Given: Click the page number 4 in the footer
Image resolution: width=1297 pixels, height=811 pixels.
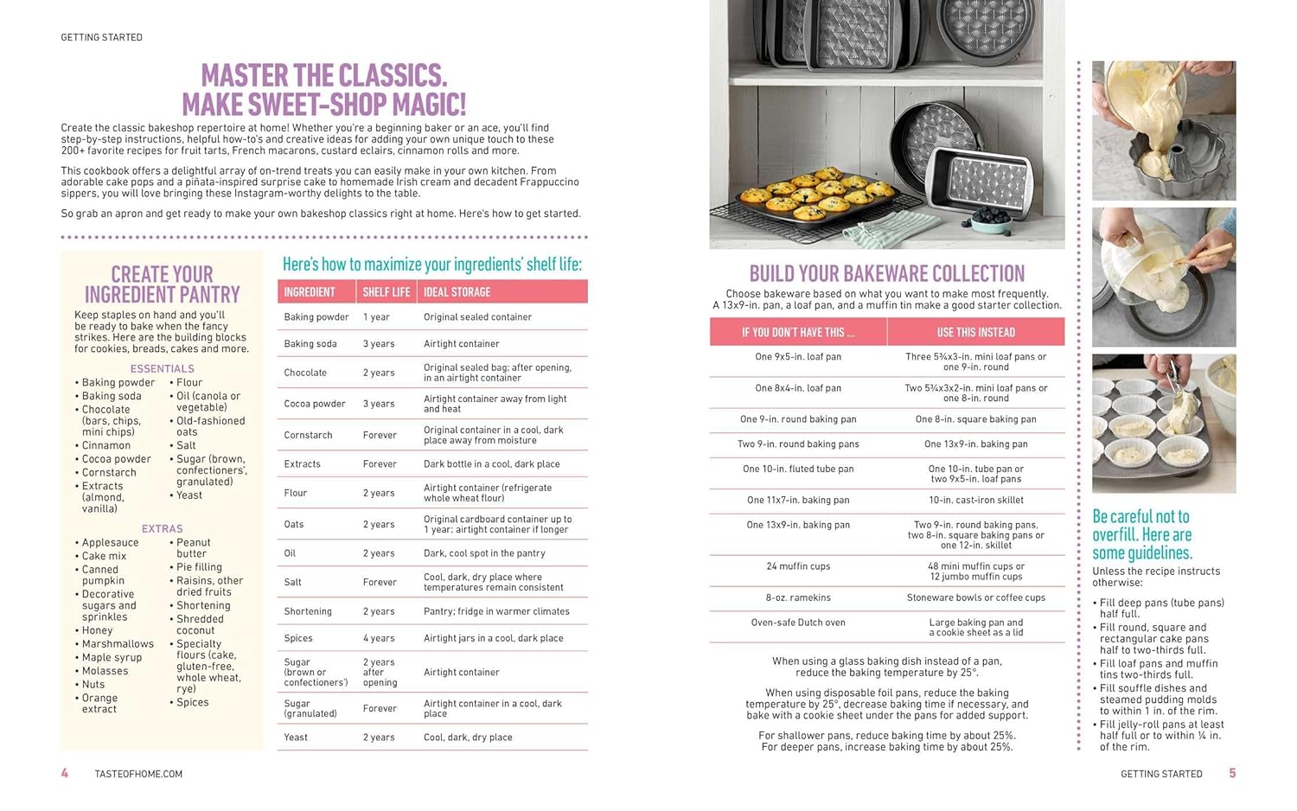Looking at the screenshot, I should [x=64, y=773].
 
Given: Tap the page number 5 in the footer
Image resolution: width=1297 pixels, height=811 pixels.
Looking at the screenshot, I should [x=1232, y=773].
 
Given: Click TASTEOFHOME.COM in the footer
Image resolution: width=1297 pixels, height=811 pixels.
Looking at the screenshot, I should [x=138, y=774].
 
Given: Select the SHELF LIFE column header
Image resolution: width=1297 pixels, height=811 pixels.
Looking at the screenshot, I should [x=386, y=292].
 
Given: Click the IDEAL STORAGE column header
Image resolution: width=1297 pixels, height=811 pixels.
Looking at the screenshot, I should [x=457, y=292].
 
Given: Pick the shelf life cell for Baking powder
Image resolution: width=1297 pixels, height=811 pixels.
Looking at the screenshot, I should [x=376, y=317].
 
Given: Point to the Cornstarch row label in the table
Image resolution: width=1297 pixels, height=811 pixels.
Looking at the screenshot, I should [x=307, y=435].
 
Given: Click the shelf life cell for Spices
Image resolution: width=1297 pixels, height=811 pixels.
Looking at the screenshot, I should [x=379, y=638].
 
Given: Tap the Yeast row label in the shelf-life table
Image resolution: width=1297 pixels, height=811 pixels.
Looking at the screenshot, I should [x=296, y=738].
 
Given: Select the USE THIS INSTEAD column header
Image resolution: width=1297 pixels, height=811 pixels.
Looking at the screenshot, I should [x=975, y=332].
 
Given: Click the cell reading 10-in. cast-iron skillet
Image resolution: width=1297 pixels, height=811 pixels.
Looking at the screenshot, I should [x=975, y=500].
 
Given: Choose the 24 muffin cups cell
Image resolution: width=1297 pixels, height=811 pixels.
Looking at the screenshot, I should [x=797, y=566].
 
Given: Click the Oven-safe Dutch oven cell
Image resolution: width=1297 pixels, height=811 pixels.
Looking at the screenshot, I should [x=797, y=623].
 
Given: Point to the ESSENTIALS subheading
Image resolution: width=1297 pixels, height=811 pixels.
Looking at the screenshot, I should [x=162, y=368].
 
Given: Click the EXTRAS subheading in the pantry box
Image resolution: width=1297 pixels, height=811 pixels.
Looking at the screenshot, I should [x=162, y=528].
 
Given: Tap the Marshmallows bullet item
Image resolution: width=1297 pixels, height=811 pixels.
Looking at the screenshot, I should [x=118, y=644].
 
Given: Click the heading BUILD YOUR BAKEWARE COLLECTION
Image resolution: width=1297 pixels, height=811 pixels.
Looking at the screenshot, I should [x=886, y=274].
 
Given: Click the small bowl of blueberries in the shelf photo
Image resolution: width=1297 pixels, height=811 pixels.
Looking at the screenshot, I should [x=992, y=223].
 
